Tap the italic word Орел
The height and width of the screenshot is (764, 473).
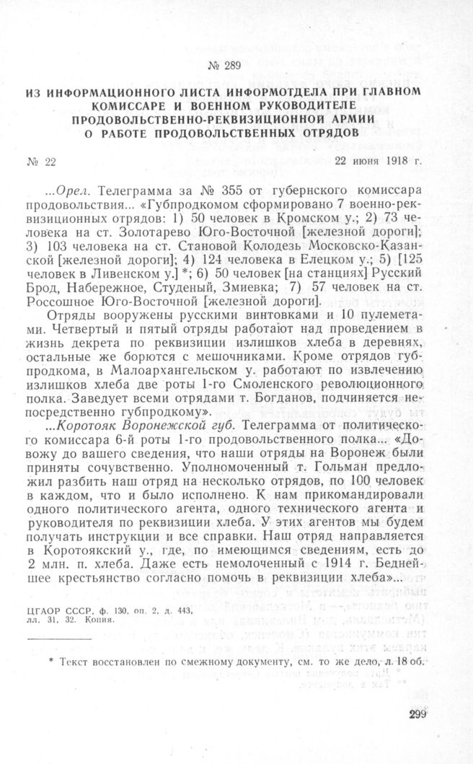pos(71,193)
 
